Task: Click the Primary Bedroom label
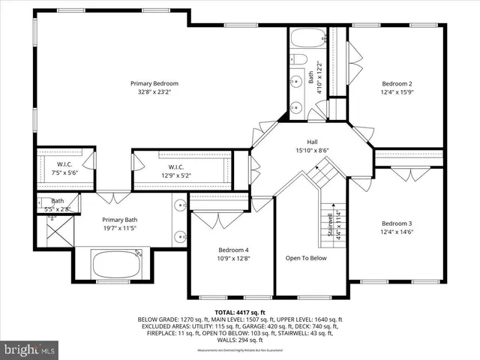pos(154,83)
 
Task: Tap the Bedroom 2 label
pos(397,83)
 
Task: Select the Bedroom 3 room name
pos(397,223)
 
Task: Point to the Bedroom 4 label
pos(233,250)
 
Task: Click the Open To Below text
pos(306,258)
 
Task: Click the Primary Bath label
pos(120,220)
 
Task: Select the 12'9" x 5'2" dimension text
pos(176,175)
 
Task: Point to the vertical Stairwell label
pos(329,225)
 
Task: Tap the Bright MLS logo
pos(30,349)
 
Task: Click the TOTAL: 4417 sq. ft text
pos(239,311)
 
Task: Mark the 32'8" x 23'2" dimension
pos(154,92)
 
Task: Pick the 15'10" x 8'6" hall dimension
pos(312,149)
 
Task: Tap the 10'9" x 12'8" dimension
pos(233,259)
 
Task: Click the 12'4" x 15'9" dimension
pos(397,92)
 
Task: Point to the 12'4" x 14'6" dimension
pos(397,232)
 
